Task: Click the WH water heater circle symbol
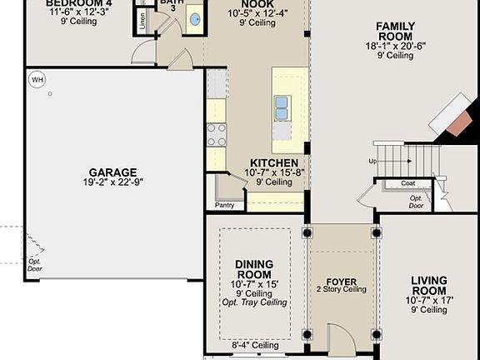(x=37, y=79)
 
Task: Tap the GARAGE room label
(x=112, y=172)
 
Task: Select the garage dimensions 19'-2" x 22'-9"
(x=112, y=182)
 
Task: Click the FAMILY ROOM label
(x=394, y=32)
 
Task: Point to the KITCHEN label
(x=274, y=162)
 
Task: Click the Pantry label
(x=224, y=204)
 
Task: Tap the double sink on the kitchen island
(x=282, y=107)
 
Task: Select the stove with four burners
(x=216, y=135)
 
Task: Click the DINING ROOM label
(x=254, y=268)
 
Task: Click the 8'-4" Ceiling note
(x=254, y=345)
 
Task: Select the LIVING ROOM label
(x=428, y=286)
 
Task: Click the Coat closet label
(x=407, y=183)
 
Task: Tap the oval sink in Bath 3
(x=194, y=18)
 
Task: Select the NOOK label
(x=257, y=4)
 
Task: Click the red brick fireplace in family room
(x=456, y=122)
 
